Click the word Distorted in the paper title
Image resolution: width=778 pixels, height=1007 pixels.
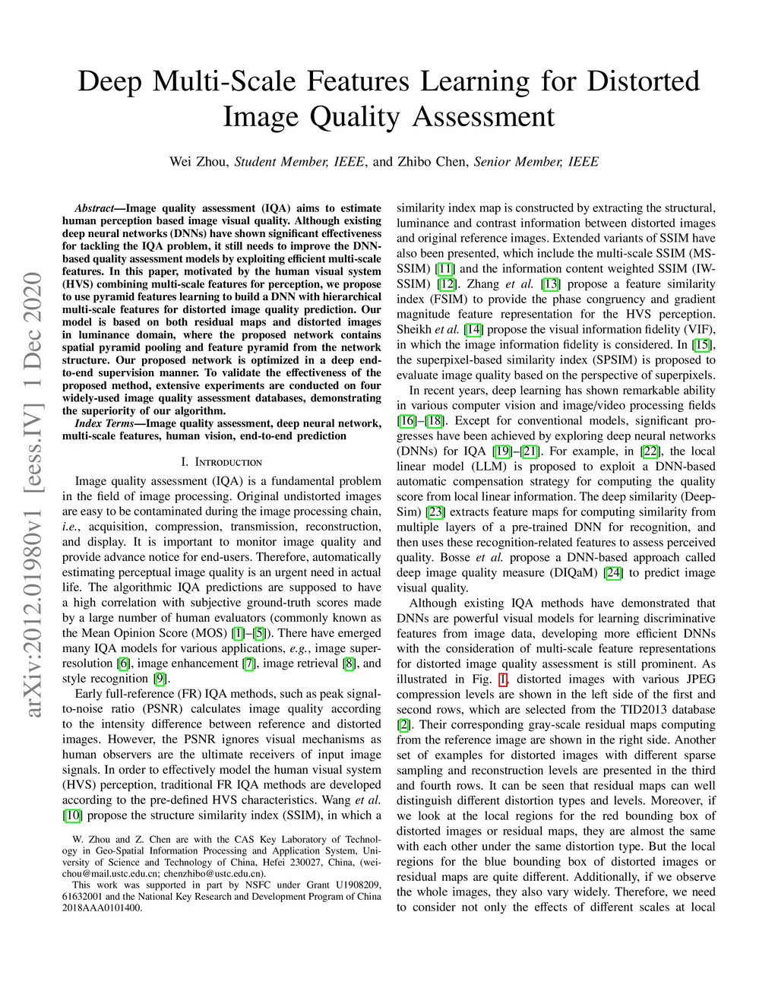643,81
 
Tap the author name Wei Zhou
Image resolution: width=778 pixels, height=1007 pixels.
198,161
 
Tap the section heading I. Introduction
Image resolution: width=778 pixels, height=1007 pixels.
221,462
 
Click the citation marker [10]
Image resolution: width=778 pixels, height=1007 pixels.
72,815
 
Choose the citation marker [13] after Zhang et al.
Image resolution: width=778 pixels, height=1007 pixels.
549,283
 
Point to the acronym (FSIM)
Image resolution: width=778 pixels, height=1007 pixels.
449,299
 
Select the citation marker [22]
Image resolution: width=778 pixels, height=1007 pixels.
650,451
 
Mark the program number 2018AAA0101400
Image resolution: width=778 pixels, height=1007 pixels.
102,907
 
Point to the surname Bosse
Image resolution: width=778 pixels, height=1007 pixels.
456,557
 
